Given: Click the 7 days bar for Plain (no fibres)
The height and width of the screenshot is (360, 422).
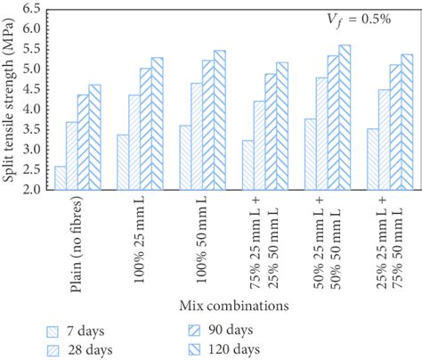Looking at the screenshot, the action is [61, 178].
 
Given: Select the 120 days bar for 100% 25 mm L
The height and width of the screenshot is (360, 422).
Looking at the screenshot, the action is [158, 124].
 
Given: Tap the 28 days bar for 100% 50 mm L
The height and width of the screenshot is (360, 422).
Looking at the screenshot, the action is [197, 136].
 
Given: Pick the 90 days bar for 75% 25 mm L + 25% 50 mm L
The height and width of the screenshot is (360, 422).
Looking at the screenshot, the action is [271, 132].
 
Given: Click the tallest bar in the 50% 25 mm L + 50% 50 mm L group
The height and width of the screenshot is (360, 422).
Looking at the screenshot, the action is [345, 118].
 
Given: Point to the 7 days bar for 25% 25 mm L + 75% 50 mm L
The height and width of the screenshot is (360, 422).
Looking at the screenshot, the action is [373, 160].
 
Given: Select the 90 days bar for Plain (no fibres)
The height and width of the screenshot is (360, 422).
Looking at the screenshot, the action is [84, 143].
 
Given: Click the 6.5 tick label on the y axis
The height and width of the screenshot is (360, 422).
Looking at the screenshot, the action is [31, 9].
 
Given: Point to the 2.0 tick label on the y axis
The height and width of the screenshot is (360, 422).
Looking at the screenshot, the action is [31, 189].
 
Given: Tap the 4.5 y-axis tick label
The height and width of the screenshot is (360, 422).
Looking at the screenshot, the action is [31, 89].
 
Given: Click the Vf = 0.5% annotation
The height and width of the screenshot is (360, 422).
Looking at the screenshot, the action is [359, 20].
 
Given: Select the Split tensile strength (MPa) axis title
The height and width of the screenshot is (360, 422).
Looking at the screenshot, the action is [9, 101].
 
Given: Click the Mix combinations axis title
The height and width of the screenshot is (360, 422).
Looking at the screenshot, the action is [234, 306].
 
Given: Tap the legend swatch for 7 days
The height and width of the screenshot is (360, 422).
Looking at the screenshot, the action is [53, 331].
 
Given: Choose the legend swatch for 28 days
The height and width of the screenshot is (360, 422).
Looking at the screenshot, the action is [53, 350].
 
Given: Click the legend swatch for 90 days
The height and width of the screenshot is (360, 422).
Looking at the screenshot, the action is [194, 331].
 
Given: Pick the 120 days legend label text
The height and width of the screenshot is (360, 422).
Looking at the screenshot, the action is [234, 349].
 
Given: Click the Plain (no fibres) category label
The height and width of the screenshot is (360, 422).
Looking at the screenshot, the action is [76, 246].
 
